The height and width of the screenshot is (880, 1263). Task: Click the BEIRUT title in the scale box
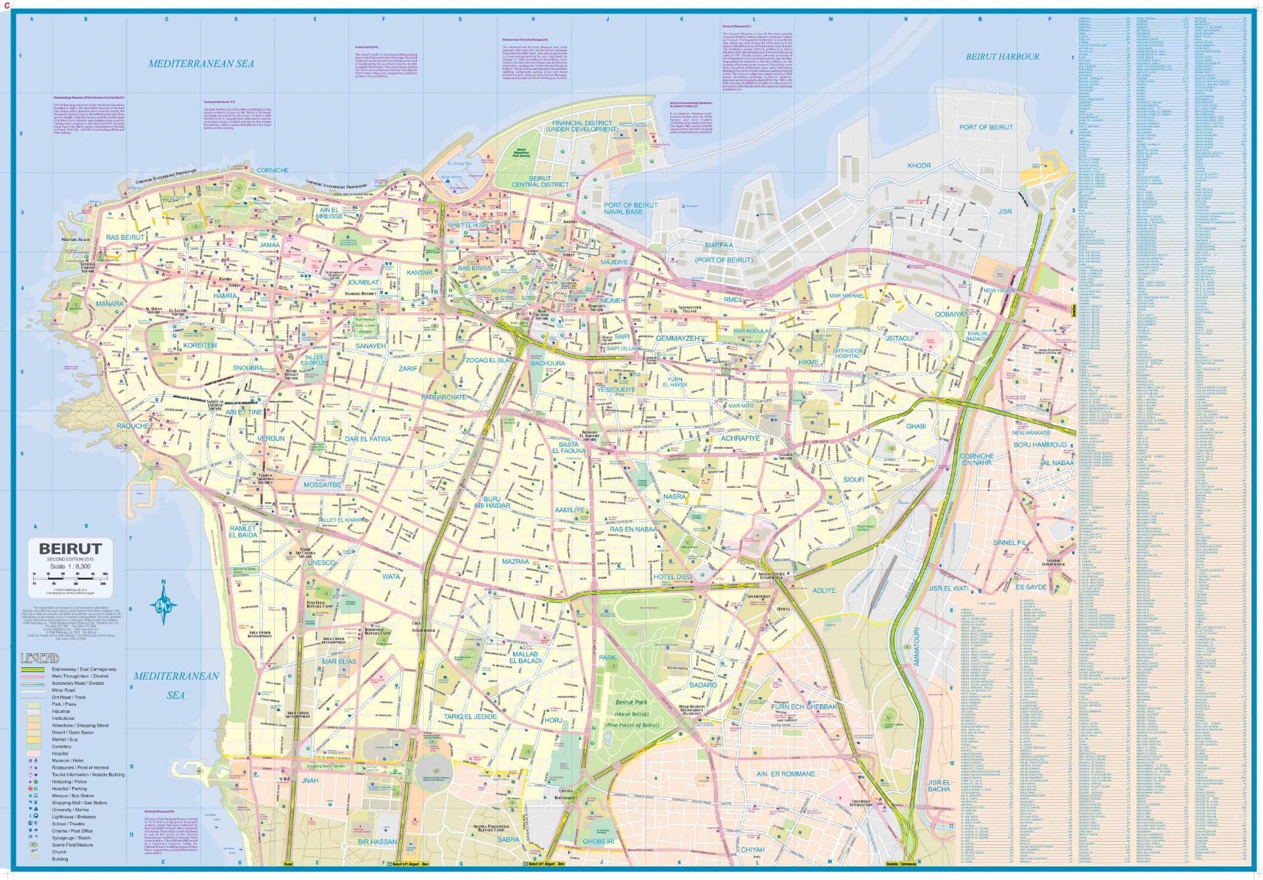pyautogui.click(x=70, y=547)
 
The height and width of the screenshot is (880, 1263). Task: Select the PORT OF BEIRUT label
pyautogui.click(x=985, y=127)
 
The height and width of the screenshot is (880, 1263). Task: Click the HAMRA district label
pyautogui.click(x=225, y=296)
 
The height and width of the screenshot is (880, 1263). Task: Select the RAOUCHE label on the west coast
pyautogui.click(x=133, y=426)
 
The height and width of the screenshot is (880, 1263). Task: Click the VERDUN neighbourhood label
pyautogui.click(x=271, y=439)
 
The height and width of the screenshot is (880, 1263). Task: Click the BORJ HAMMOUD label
pyautogui.click(x=1040, y=444)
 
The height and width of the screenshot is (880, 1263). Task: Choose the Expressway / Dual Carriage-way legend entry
pyautogui.click(x=80, y=669)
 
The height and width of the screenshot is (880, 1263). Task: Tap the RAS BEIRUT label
pyautogui.click(x=125, y=237)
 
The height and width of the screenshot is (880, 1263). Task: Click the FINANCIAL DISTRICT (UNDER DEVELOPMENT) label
pyautogui.click(x=585, y=126)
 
